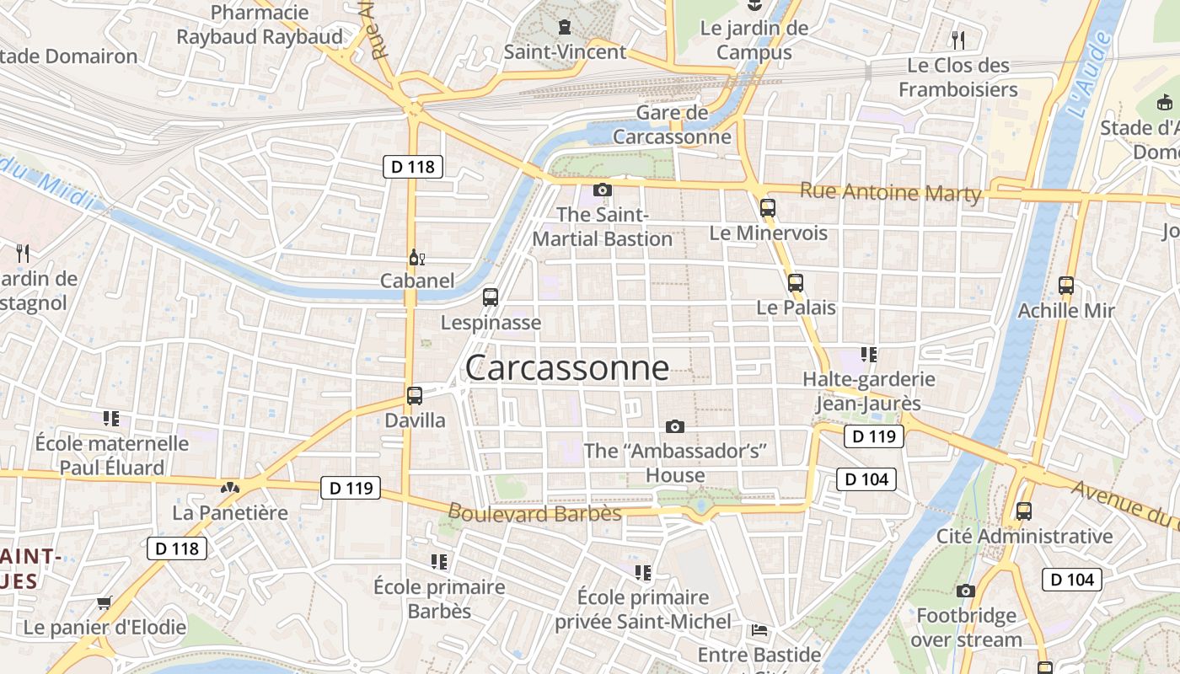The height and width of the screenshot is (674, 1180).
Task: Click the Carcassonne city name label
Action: [x=567, y=367]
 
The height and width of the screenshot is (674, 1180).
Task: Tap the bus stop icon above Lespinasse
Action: [x=491, y=297]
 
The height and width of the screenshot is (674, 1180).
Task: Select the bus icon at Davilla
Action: [x=414, y=395]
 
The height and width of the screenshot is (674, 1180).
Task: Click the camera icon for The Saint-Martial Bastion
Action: [x=602, y=190]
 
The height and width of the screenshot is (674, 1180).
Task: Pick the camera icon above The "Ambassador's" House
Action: [x=674, y=426]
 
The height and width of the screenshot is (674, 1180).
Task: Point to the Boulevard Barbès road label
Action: [x=534, y=513]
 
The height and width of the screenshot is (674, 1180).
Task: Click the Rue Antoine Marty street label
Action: [x=890, y=193]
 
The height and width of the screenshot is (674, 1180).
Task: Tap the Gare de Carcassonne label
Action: [x=672, y=125]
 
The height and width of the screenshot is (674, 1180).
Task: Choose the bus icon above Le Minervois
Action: [x=767, y=207]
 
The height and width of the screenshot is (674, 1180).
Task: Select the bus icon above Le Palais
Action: [x=795, y=283]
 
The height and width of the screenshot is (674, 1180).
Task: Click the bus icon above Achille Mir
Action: [x=1065, y=286]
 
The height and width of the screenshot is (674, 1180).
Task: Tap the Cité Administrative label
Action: [x=1024, y=536]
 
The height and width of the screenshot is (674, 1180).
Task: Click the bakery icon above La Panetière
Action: [x=229, y=487]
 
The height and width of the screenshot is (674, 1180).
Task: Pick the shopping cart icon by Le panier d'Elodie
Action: [x=104, y=602]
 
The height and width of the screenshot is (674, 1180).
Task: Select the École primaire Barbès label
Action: [x=439, y=598]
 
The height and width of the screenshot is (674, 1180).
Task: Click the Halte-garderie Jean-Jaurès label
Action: [x=868, y=392]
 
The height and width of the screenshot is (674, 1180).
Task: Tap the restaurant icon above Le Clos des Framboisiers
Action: [x=957, y=40]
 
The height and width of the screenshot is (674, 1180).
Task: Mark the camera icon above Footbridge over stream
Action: [x=966, y=591]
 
